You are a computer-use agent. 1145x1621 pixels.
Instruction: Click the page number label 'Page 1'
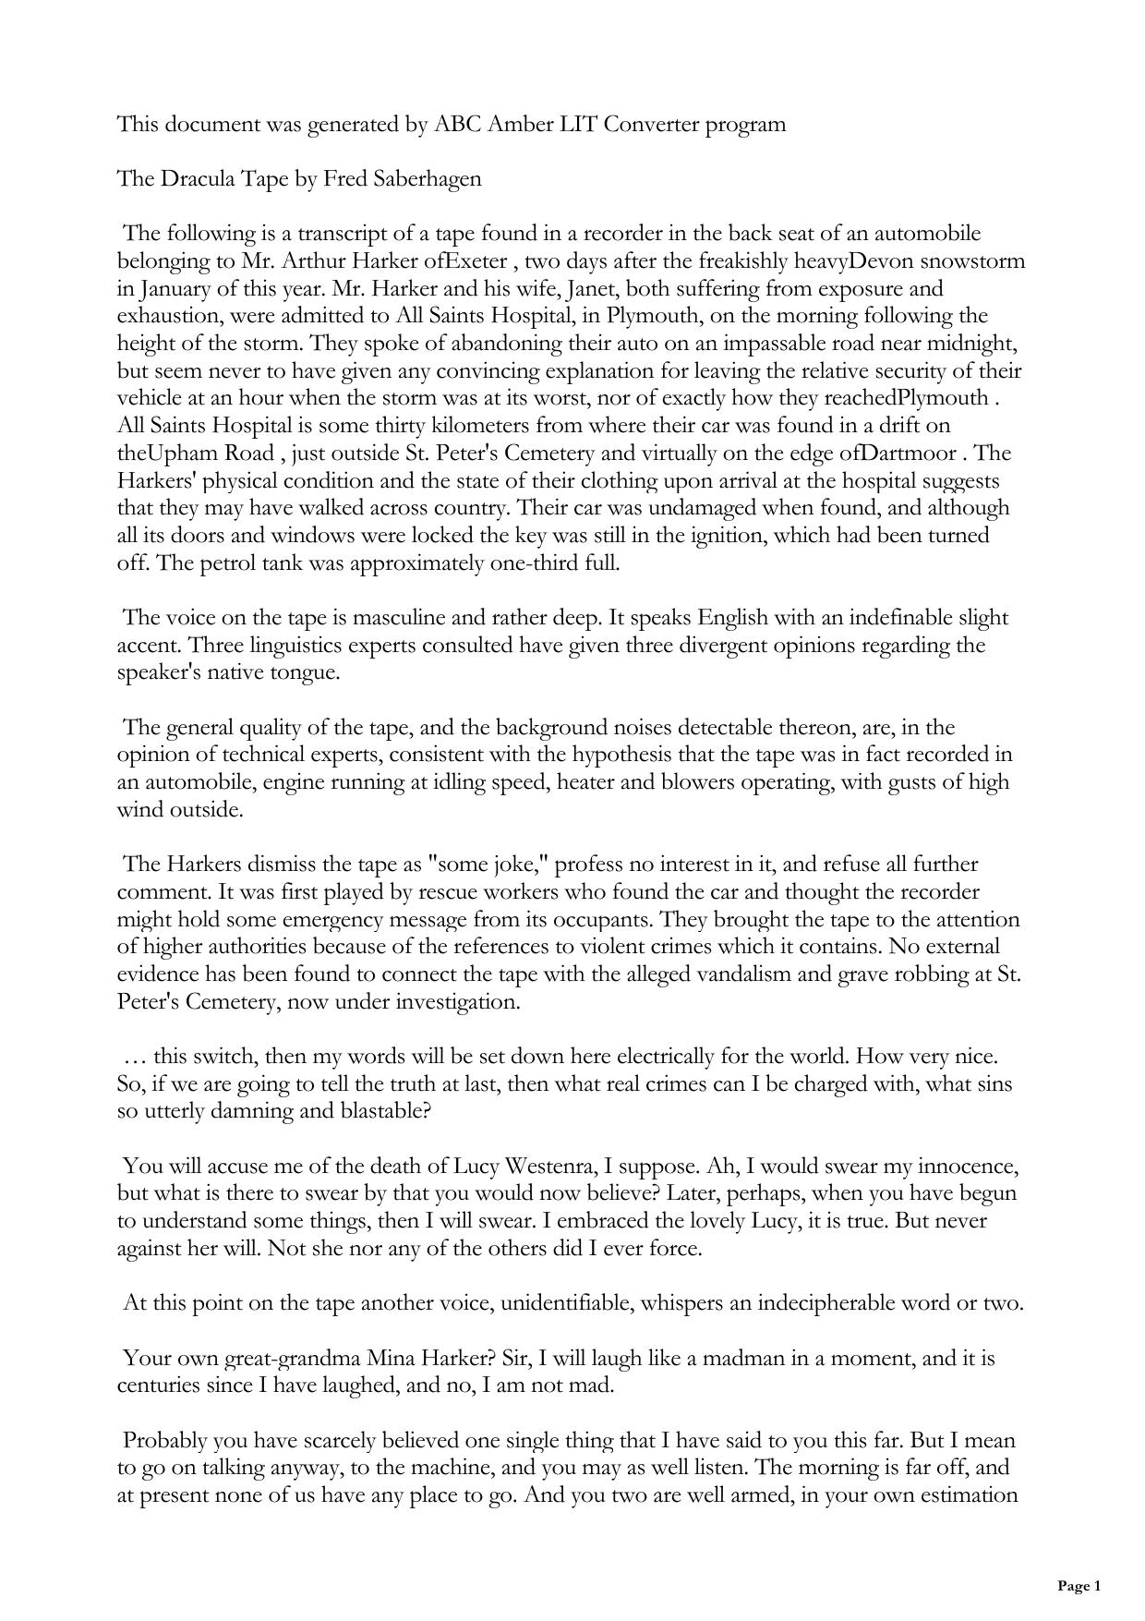(x=1079, y=1586)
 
